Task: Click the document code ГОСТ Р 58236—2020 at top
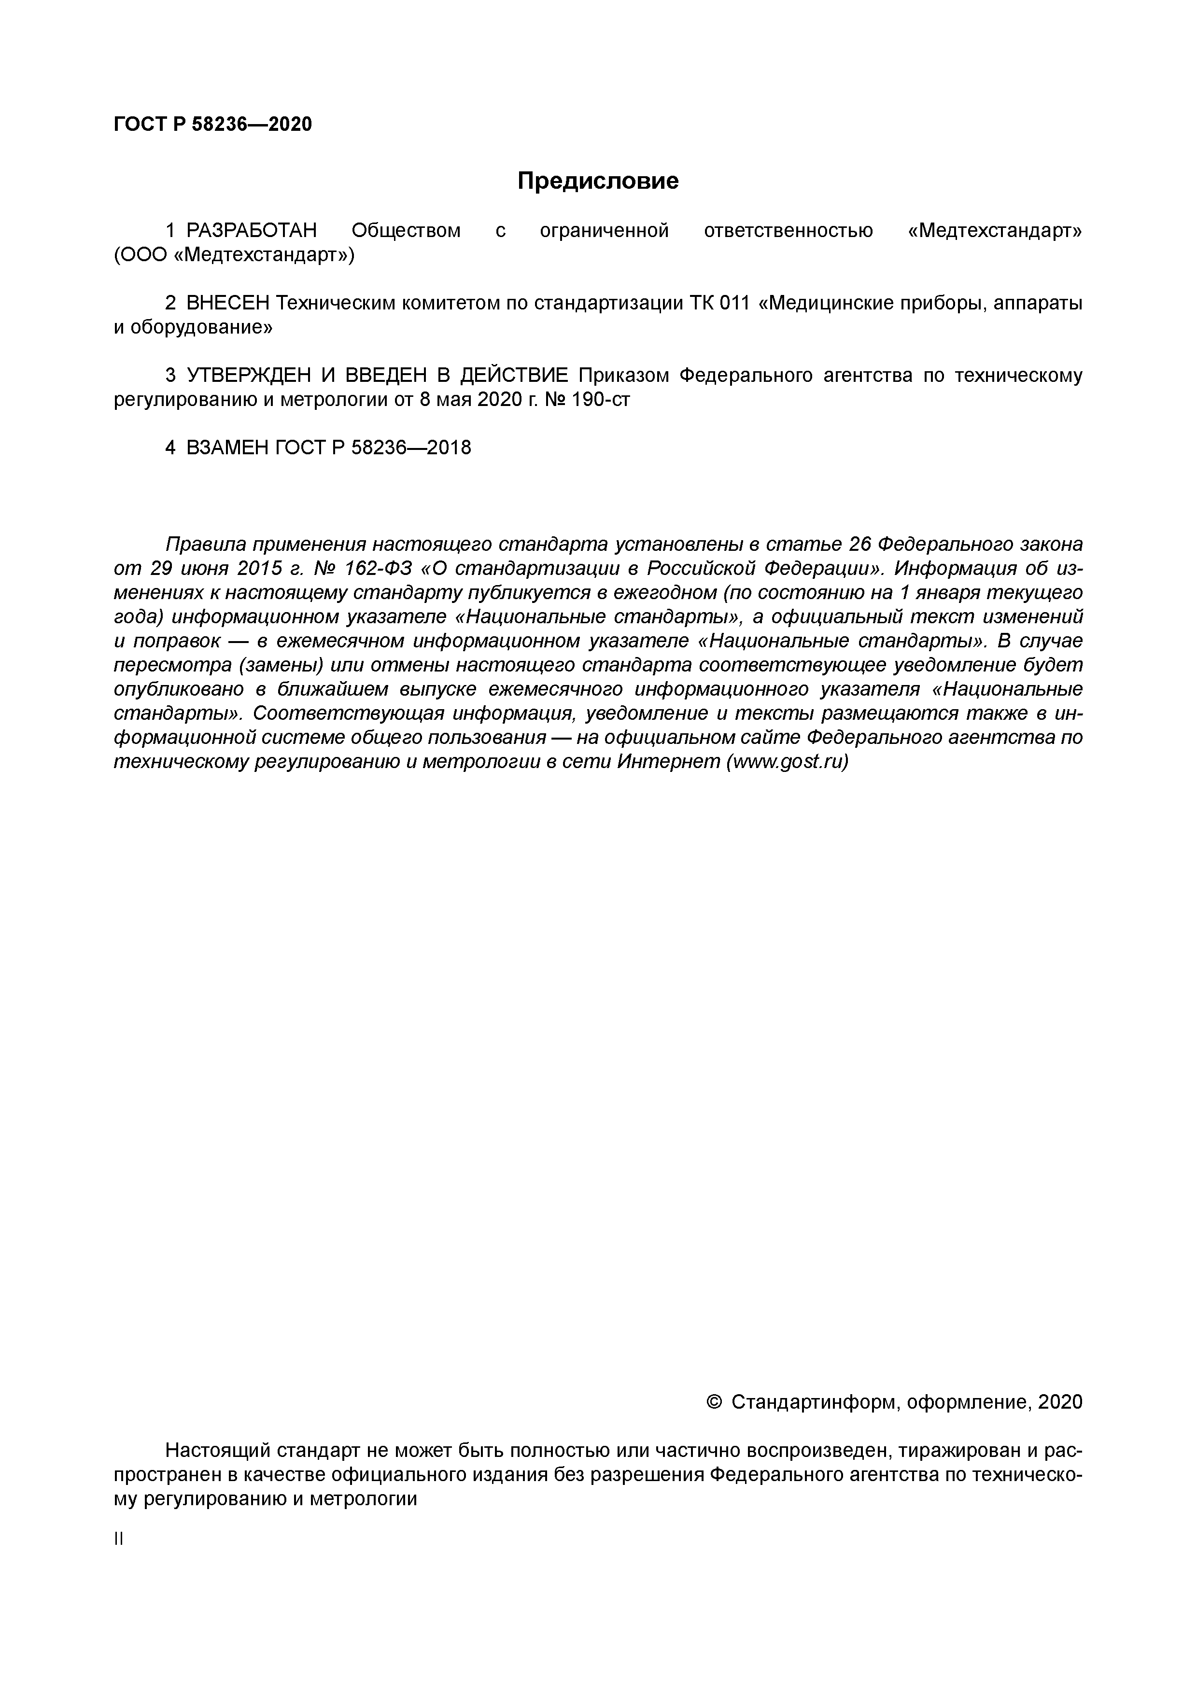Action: click(212, 124)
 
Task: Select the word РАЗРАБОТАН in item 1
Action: click(251, 231)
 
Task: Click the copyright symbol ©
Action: click(714, 1402)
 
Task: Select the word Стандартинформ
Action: click(814, 1402)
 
